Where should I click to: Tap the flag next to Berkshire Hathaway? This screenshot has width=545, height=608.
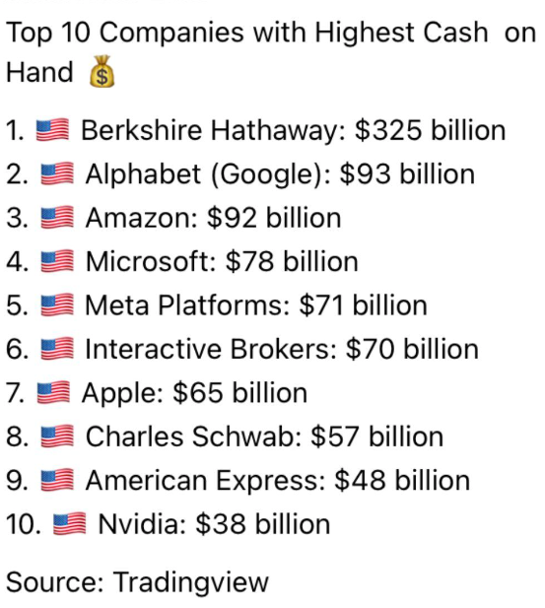click(x=50, y=130)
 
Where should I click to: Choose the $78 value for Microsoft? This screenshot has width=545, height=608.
click(x=247, y=261)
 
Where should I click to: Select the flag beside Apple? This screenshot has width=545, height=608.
click(x=52, y=393)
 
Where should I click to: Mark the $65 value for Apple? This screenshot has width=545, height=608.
click(x=195, y=393)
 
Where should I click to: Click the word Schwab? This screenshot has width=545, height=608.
click(x=248, y=437)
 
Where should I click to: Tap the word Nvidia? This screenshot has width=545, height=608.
click(x=138, y=524)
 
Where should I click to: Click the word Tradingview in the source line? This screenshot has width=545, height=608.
click(x=190, y=581)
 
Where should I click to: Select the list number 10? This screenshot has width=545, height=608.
click(x=22, y=524)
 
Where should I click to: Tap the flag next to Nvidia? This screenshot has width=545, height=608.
click(x=70, y=524)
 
